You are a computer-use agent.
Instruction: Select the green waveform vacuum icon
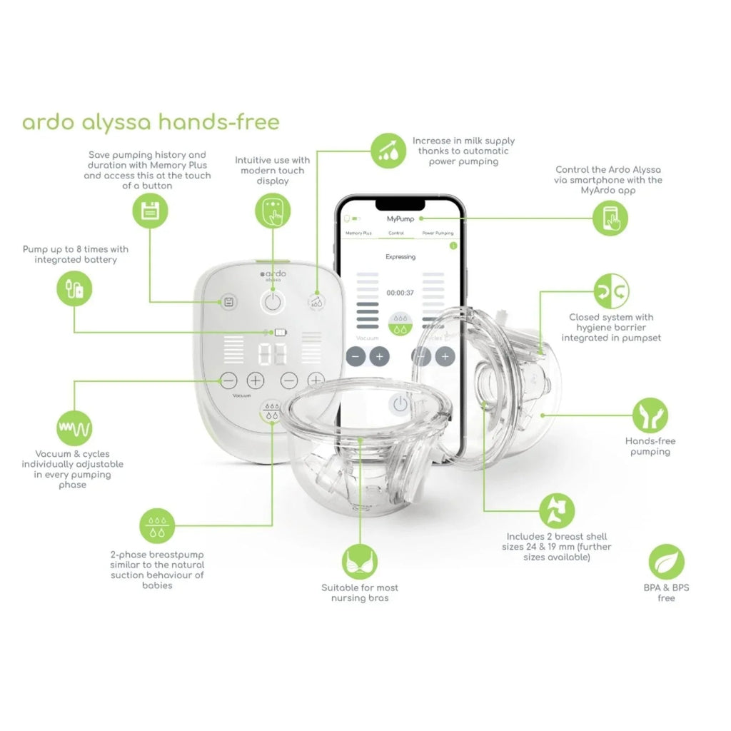(74, 428)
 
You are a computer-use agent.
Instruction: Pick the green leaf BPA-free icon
(666, 561)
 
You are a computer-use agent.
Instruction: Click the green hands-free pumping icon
(650, 415)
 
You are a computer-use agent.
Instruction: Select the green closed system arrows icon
(612, 291)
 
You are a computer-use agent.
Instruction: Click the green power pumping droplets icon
(388, 151)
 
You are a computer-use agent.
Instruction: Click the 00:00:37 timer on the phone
(400, 293)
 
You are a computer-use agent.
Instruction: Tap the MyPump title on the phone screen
(400, 218)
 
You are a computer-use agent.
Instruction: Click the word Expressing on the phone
(400, 256)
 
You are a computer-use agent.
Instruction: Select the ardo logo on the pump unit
(272, 274)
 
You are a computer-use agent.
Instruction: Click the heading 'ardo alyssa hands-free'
(151, 122)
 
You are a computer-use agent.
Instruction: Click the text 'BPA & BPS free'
(666, 593)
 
